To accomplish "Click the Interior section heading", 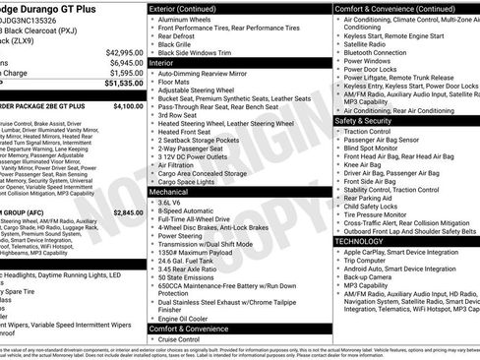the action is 161,62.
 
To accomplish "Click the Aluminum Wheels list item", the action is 189,19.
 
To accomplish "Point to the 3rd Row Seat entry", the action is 180,115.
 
